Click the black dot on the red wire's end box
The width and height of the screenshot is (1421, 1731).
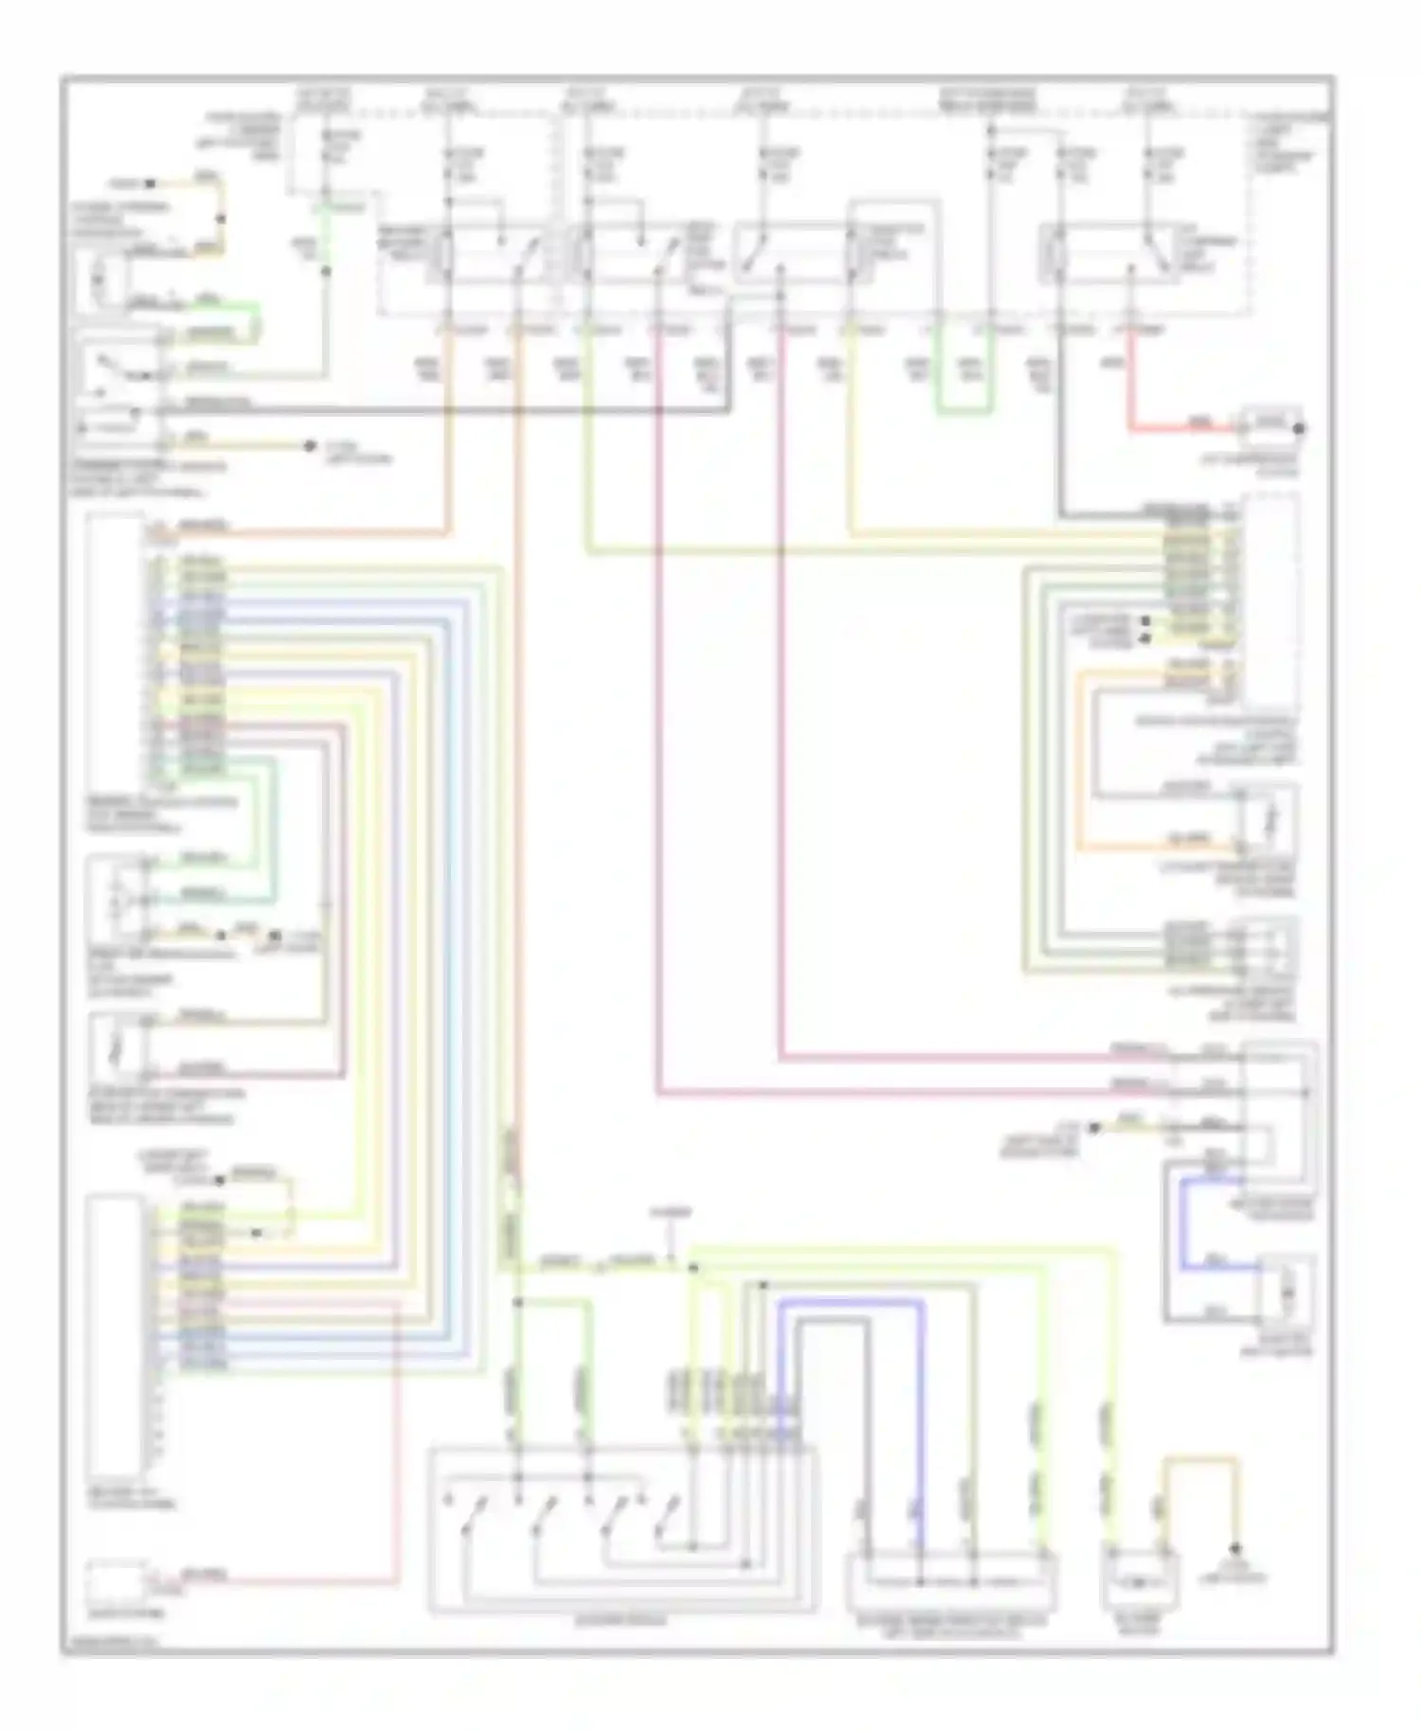click(x=1299, y=429)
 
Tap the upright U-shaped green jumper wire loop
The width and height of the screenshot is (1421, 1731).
click(x=964, y=409)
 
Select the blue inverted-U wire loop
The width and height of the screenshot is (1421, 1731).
click(x=851, y=1304)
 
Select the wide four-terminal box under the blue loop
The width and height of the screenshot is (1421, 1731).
click(x=950, y=1581)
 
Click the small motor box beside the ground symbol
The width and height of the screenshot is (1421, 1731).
click(x=1141, y=1579)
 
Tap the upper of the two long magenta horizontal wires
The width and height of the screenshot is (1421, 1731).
click(x=947, y=1057)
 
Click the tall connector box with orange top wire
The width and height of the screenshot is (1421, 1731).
click(x=116, y=653)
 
